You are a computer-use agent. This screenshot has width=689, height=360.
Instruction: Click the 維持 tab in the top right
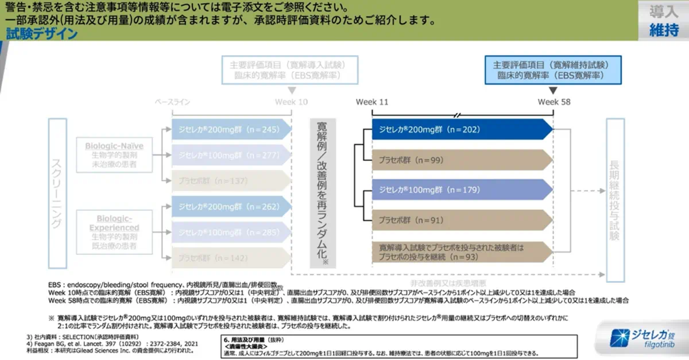pyautogui.click(x=664, y=30)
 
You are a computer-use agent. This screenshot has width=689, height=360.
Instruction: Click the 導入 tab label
pyautogui.click(x=664, y=12)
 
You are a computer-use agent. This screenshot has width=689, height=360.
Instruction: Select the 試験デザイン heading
pyautogui.click(x=42, y=33)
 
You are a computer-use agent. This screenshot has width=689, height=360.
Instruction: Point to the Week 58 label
pyautogui.click(x=553, y=102)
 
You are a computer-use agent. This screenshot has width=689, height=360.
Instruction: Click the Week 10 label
pyautogui.click(x=291, y=102)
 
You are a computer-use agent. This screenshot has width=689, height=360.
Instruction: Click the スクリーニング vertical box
pyautogui.click(x=57, y=193)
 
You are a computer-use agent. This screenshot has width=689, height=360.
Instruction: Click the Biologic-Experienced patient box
pyautogui.click(x=114, y=233)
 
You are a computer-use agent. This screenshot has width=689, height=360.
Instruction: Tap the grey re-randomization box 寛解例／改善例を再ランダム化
pyautogui.click(x=323, y=193)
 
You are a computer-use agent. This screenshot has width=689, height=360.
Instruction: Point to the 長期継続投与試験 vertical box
pyautogui.click(x=615, y=200)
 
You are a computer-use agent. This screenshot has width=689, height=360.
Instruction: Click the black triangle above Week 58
pyautogui.click(x=553, y=91)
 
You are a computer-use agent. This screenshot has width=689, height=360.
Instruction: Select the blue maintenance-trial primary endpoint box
pyautogui.click(x=553, y=70)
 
